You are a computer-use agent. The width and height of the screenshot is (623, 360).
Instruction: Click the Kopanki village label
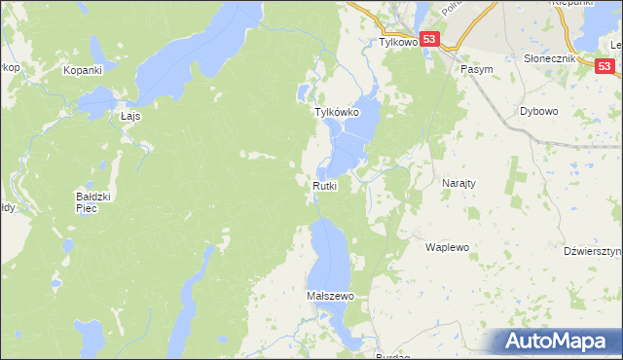pyautogui.click(x=83, y=70)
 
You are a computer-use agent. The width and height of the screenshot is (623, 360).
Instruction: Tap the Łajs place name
pyautogui.click(x=130, y=115)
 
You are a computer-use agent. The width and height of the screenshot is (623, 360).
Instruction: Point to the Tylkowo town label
pyautogui.click(x=397, y=43)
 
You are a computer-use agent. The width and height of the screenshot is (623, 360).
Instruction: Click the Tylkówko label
pyautogui.click(x=337, y=113)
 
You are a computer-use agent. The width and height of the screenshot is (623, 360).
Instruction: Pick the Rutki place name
pyautogui.click(x=325, y=186)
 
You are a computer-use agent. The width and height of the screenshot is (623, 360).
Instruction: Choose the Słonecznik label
pyautogui.click(x=552, y=58)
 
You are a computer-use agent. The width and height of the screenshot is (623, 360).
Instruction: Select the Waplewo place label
pyautogui.click(x=447, y=247)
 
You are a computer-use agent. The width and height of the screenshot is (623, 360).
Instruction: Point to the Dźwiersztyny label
pyautogui.click(x=593, y=251)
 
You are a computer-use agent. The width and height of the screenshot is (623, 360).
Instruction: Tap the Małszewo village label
pyautogui.click(x=329, y=295)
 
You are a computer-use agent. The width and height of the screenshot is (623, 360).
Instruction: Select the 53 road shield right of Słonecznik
pyautogui.click(x=605, y=64)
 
